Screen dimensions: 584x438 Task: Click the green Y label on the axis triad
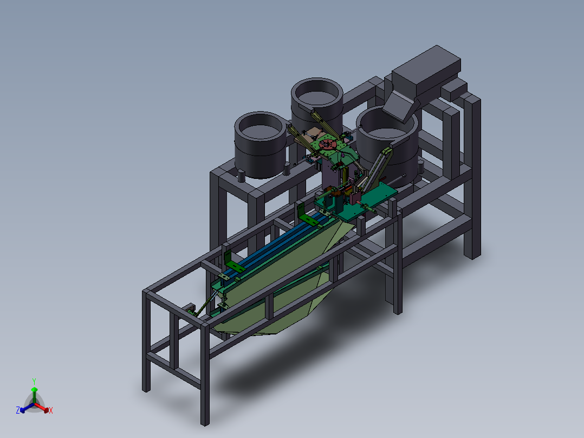point(34,382)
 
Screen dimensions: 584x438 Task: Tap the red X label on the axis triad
point(51,410)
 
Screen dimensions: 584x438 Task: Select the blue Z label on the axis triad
point(18,410)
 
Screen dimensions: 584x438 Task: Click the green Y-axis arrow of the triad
point(34,395)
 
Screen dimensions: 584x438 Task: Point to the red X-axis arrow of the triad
point(42,408)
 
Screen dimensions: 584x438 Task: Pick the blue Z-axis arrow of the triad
point(27,408)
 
